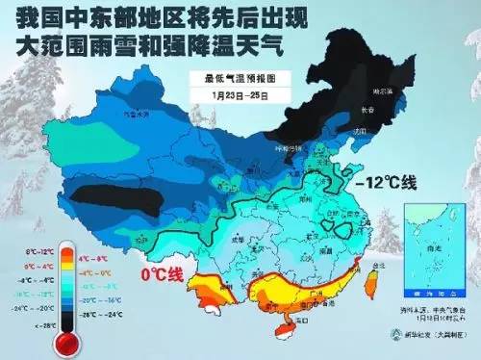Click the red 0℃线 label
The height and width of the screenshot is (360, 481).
click(161, 275)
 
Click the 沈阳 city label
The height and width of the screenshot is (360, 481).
click(361, 129)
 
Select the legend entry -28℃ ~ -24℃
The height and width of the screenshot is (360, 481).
click(97, 314)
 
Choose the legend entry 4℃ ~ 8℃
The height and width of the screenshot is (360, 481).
click(97, 258)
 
